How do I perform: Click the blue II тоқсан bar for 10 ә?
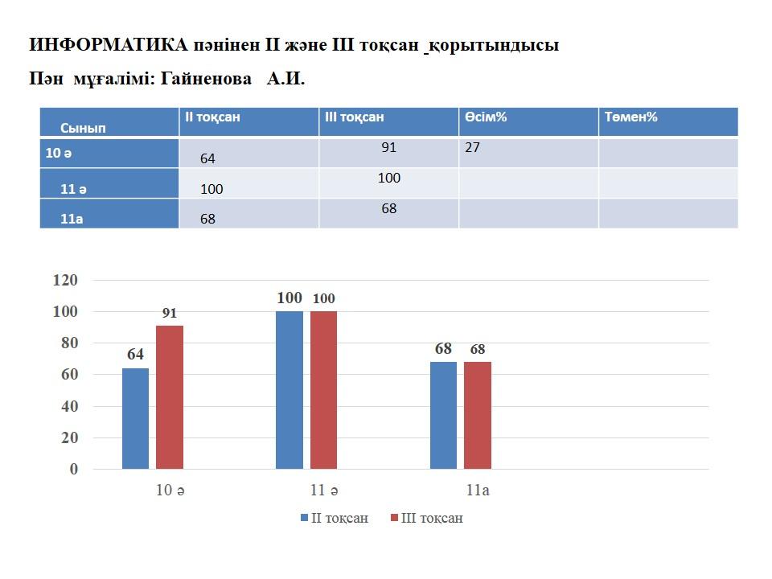135,418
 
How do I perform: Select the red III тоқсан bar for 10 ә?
169,397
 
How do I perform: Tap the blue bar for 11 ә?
289,390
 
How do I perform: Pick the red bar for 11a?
477,415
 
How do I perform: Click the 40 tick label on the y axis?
68,406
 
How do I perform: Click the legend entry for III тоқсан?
426,518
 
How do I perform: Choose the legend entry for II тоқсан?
333,518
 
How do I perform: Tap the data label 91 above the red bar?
169,314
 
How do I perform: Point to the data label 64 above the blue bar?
135,355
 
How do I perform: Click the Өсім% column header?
485,117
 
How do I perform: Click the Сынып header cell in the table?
83,127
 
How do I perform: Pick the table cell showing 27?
472,148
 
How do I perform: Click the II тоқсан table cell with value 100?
211,189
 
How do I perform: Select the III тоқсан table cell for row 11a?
389,209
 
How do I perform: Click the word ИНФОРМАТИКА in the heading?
109,45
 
